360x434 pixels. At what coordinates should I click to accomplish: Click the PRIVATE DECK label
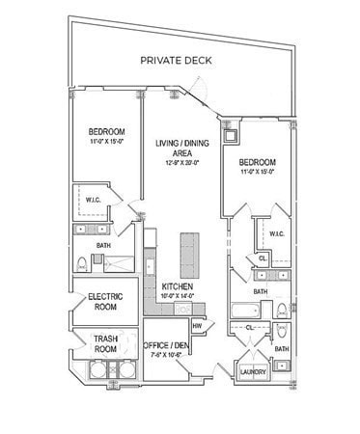tap(176, 60)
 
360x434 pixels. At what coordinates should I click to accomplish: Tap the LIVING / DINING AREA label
tap(177, 148)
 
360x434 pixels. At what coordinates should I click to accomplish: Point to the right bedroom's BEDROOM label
tap(258, 161)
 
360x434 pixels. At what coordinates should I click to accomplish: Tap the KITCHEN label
tap(178, 286)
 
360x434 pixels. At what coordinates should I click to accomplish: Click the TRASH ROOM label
tap(104, 344)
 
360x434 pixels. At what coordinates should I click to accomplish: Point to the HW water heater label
tap(197, 326)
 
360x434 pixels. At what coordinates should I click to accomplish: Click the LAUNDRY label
tap(254, 372)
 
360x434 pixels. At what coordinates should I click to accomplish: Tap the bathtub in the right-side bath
tap(245, 311)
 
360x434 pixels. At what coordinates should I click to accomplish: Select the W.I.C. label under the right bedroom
tap(276, 233)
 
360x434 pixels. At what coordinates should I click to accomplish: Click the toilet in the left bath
tap(83, 263)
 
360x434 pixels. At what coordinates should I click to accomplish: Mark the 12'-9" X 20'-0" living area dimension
tap(177, 162)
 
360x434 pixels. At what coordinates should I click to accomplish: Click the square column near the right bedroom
tap(230, 135)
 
